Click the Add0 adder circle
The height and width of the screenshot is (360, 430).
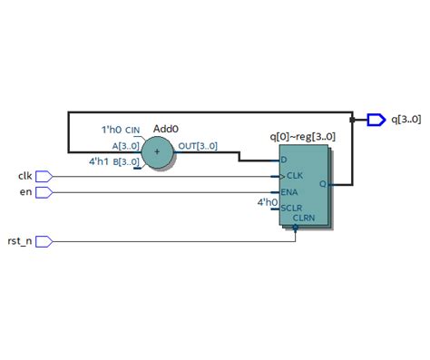(161, 152)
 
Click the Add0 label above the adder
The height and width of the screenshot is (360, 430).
(165, 130)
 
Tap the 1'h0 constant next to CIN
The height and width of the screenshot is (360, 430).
(108, 130)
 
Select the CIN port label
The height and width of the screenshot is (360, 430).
(132, 131)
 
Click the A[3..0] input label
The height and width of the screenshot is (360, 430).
(125, 145)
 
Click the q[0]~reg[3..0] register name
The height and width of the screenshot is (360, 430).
(302, 136)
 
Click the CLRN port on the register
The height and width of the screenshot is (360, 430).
(303, 219)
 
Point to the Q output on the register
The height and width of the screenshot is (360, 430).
(324, 183)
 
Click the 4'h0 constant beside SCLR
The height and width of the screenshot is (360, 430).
(267, 202)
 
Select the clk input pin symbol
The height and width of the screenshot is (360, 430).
(44, 176)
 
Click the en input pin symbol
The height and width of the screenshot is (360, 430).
(44, 192)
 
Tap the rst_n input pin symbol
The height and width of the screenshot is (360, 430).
(44, 241)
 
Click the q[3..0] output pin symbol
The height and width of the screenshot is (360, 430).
(376, 119)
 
